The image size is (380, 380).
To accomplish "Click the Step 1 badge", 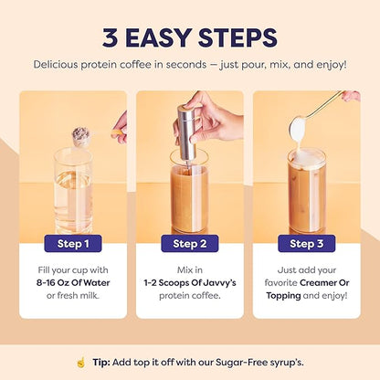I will (x=73, y=244).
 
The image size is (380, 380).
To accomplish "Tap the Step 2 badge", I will (x=190, y=244).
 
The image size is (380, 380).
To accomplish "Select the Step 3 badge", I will (x=307, y=244).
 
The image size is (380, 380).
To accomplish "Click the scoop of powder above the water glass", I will (x=81, y=137).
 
